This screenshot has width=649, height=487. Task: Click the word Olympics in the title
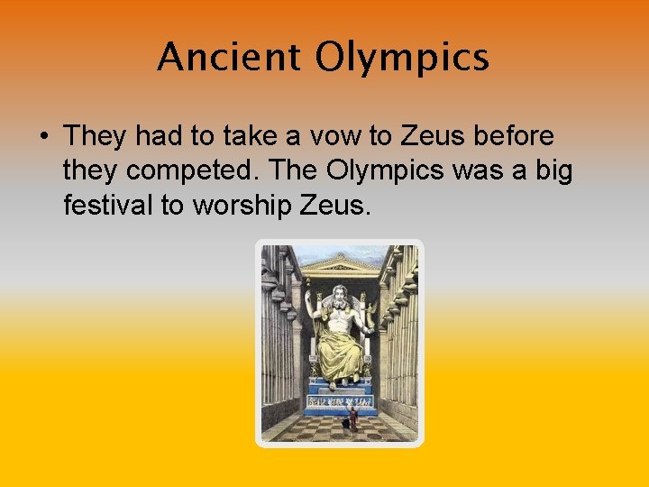pos(402,59)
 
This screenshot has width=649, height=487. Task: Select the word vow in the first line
pos(334,137)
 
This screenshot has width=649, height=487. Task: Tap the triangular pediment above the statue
pos(340,265)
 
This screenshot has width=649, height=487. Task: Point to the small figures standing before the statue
pos(352,418)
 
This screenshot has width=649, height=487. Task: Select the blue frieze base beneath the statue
pos(340,400)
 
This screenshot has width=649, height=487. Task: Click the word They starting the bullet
pos(98,137)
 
